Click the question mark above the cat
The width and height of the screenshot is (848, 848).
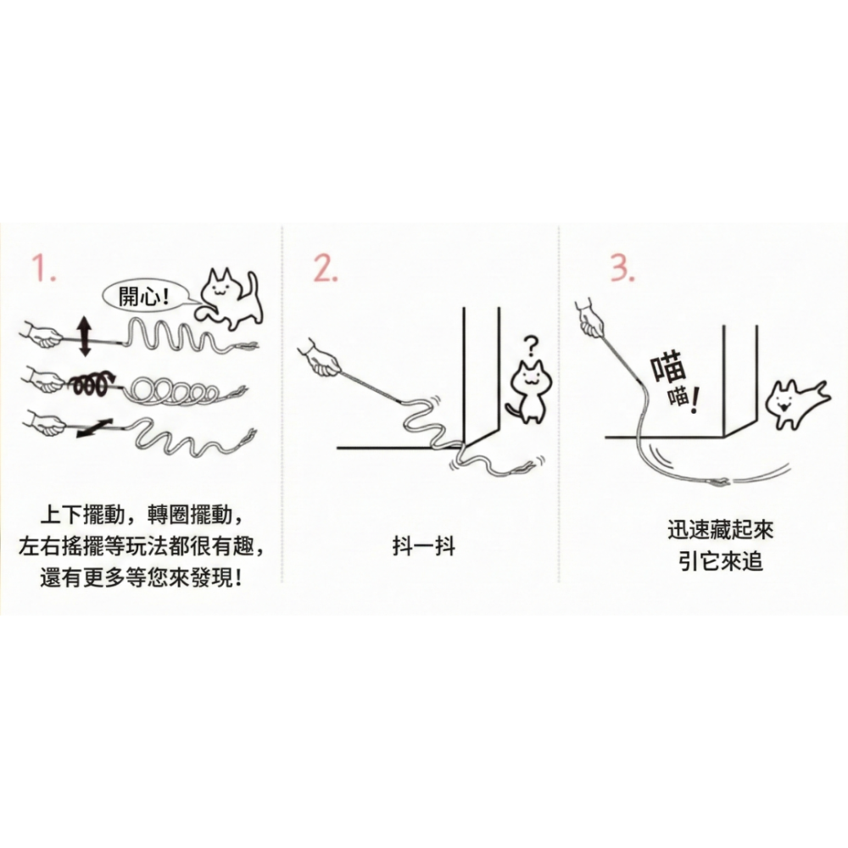[530, 346]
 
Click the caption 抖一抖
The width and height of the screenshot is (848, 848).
[423, 546]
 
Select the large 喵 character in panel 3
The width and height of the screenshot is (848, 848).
[667, 370]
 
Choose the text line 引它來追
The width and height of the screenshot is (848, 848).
[720, 561]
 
